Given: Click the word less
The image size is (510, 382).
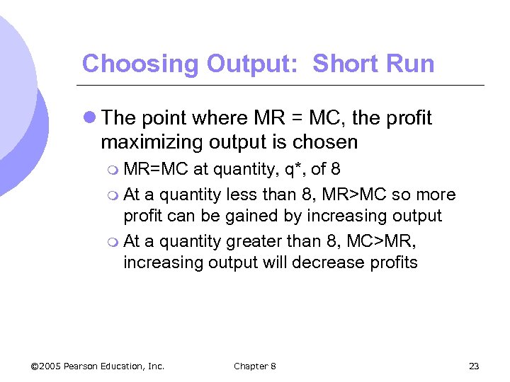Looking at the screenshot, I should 242,194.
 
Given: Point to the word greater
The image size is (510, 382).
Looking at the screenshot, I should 252,241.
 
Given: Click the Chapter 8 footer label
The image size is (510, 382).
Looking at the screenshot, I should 254,366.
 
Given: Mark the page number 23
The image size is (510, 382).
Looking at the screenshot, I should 474,366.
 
